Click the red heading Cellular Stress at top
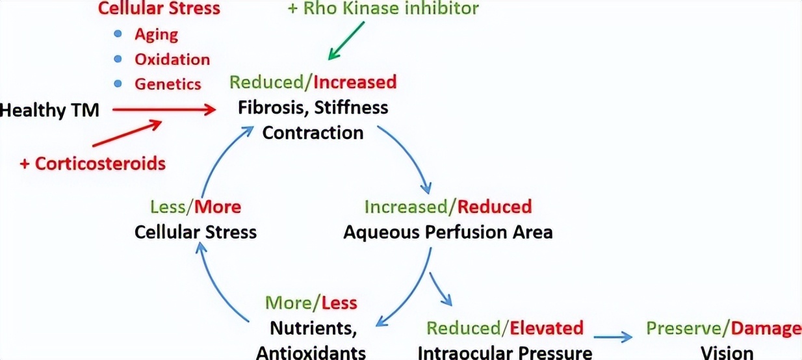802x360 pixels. pos(159,8)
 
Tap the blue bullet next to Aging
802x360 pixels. pos(118,34)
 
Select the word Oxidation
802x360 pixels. pos(172,59)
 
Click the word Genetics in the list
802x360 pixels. pos(168,84)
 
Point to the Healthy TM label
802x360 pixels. pos(50,110)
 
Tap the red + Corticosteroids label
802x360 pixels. pos(92,163)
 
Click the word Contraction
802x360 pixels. pos(312,133)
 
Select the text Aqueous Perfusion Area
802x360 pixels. pos(448,232)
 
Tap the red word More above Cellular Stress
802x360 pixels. pos(218,207)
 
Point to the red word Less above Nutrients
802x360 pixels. pos(340,303)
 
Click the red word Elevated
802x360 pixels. pos(547,328)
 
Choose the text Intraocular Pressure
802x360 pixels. pos(504,353)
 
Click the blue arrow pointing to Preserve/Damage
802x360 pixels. pos(613,336)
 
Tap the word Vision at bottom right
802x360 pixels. pos(727,353)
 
